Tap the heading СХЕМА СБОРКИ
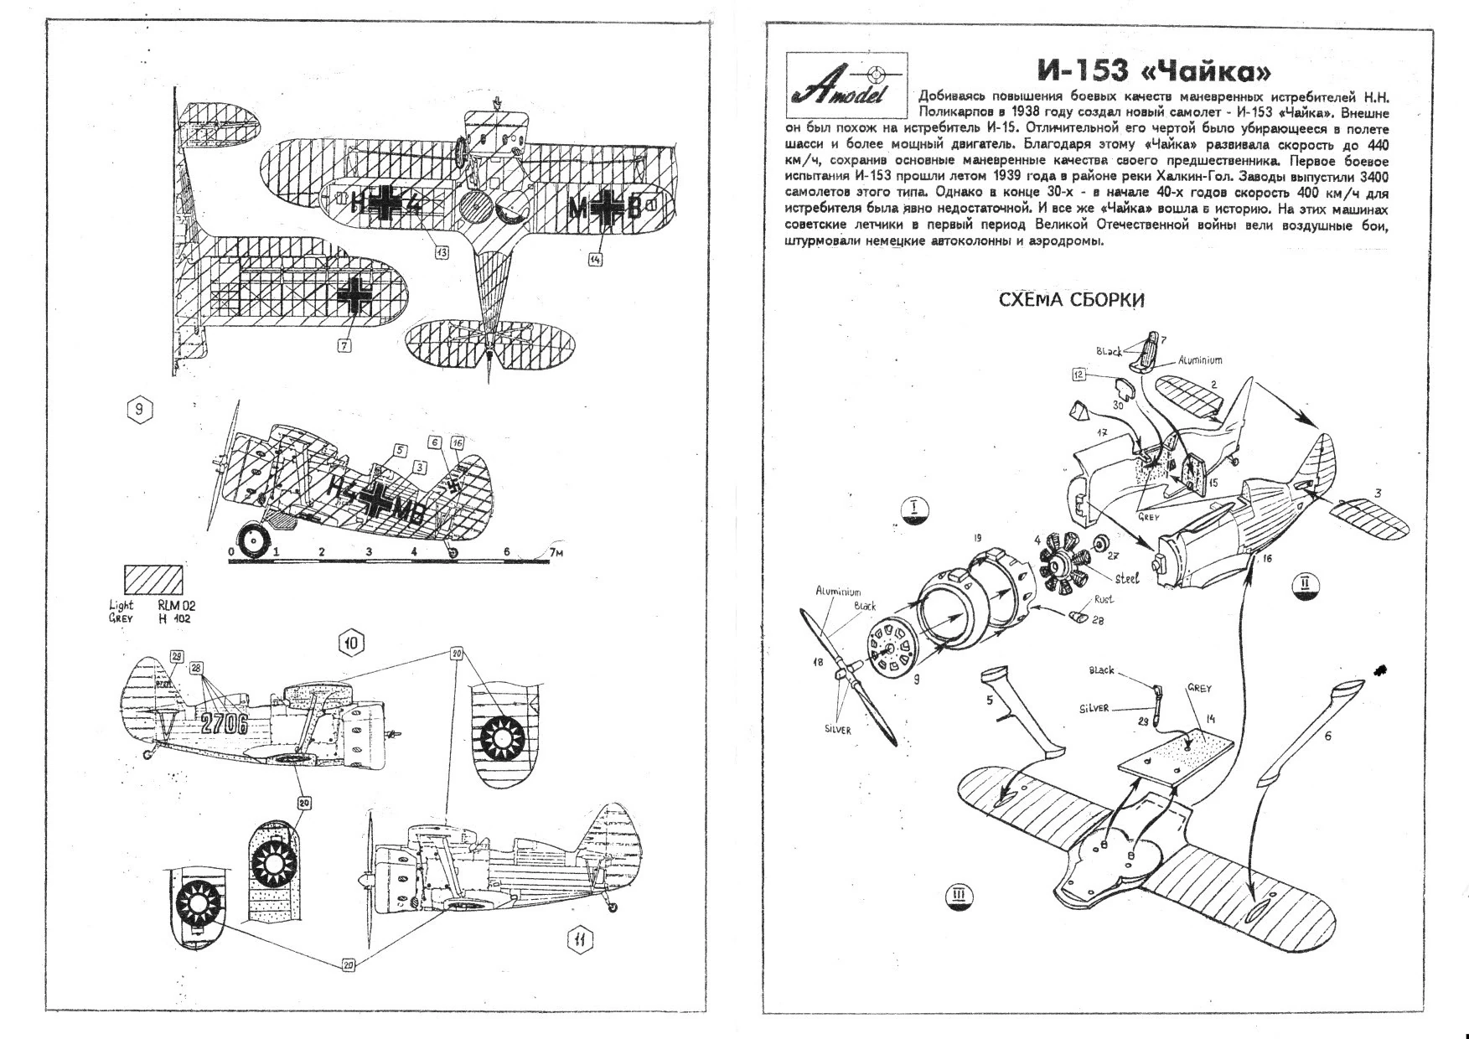click(1071, 300)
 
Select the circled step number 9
click(140, 409)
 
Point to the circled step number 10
click(351, 643)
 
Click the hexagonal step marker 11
click(579, 940)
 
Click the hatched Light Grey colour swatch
click(153, 580)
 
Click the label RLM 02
click(176, 605)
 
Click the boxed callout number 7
click(344, 345)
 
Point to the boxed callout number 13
click(441, 251)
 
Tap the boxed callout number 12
click(1078, 375)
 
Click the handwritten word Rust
click(1103, 600)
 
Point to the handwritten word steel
click(1126, 579)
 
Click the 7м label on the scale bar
click(556, 553)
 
